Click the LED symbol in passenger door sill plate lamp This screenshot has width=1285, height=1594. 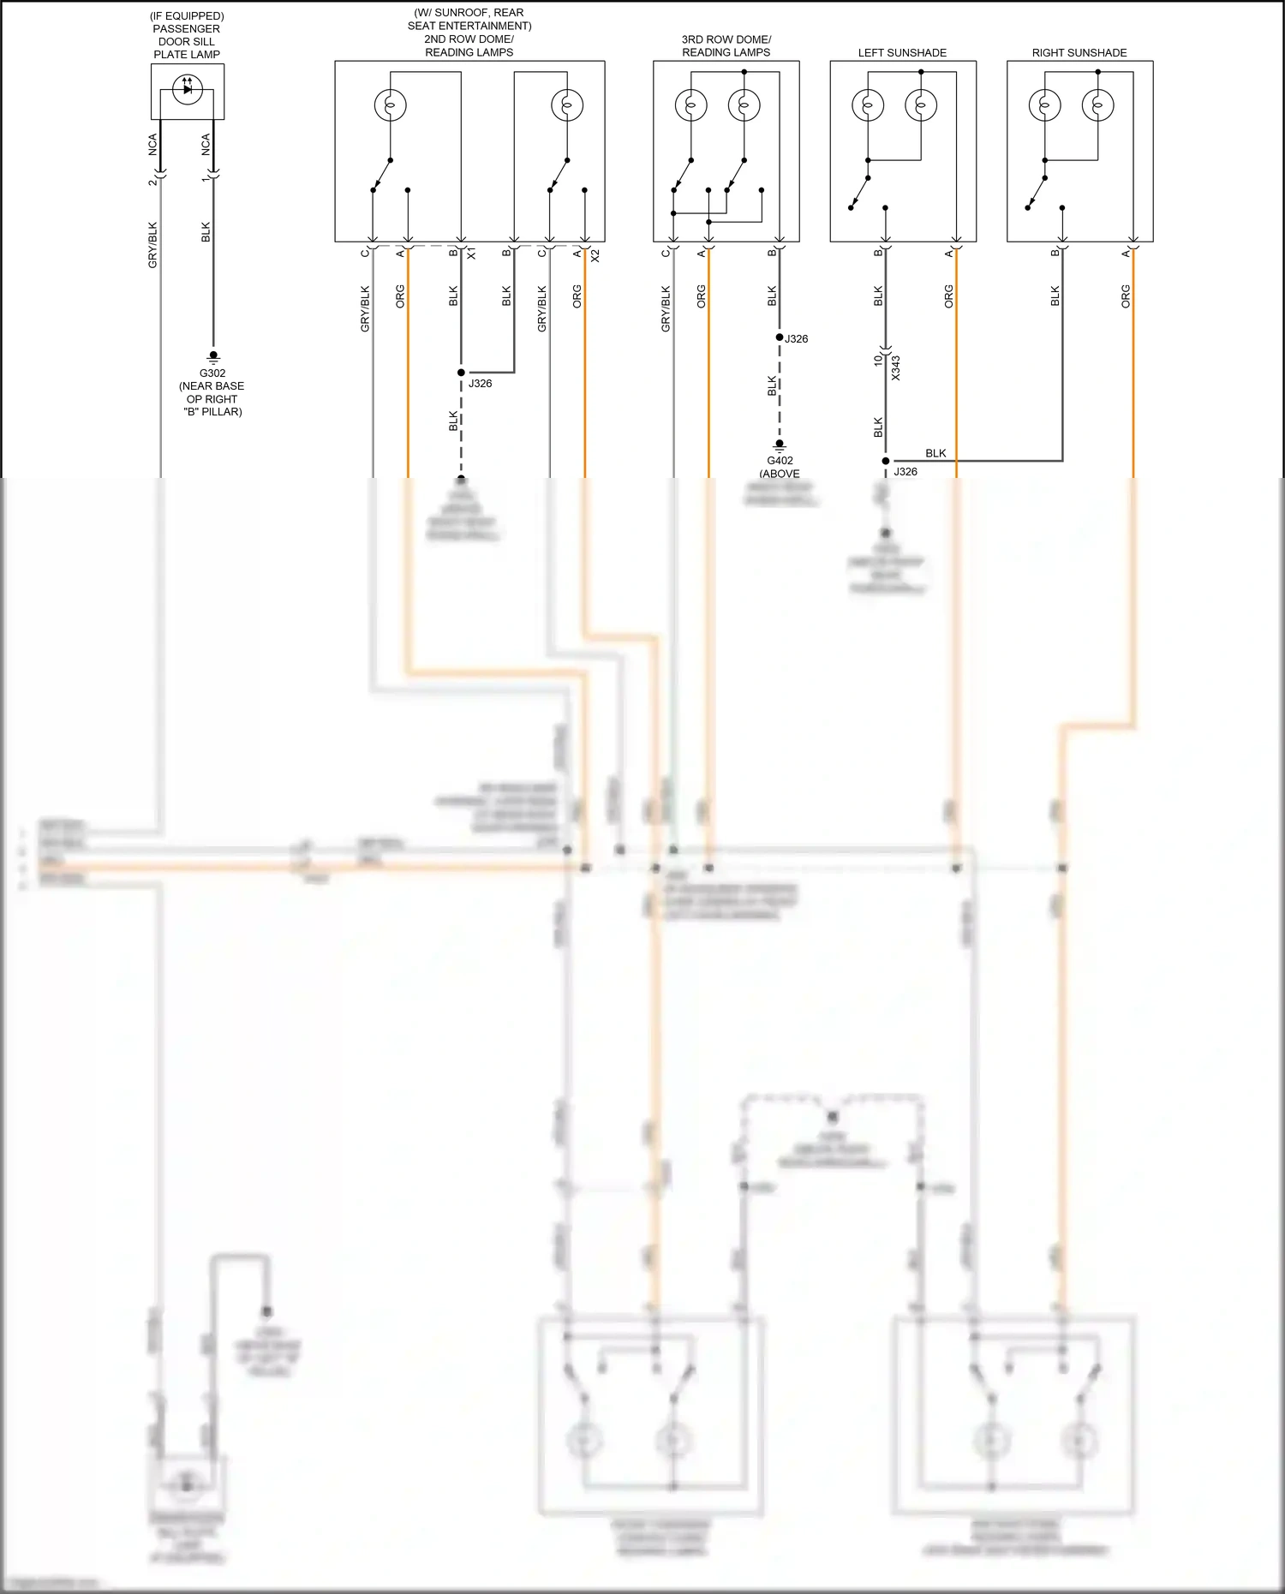[x=188, y=89]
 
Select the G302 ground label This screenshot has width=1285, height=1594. [x=212, y=373]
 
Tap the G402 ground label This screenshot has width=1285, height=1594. [x=780, y=461]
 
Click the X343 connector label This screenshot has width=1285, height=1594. [x=896, y=367]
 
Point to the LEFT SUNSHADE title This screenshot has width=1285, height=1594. [x=902, y=53]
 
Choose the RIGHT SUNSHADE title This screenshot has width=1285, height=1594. [x=1079, y=53]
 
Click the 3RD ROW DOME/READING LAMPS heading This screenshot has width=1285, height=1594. [x=726, y=45]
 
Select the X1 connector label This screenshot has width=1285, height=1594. [x=471, y=254]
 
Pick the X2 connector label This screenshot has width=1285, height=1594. [x=595, y=255]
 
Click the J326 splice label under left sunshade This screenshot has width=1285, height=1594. [x=905, y=472]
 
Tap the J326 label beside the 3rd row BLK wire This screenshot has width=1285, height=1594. [x=797, y=339]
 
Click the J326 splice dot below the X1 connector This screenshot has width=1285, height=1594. [x=461, y=373]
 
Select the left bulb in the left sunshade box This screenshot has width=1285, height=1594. [x=868, y=105]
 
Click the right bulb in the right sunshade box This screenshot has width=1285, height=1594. [x=1097, y=105]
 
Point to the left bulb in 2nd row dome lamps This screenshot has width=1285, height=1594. [x=390, y=105]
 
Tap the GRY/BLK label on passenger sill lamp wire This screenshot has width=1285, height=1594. [x=152, y=245]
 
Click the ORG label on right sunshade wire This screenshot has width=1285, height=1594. [x=1126, y=296]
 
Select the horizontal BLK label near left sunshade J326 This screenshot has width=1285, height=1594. [x=935, y=453]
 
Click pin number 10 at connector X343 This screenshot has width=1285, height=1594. [x=878, y=361]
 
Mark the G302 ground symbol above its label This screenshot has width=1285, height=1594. [x=213, y=355]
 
